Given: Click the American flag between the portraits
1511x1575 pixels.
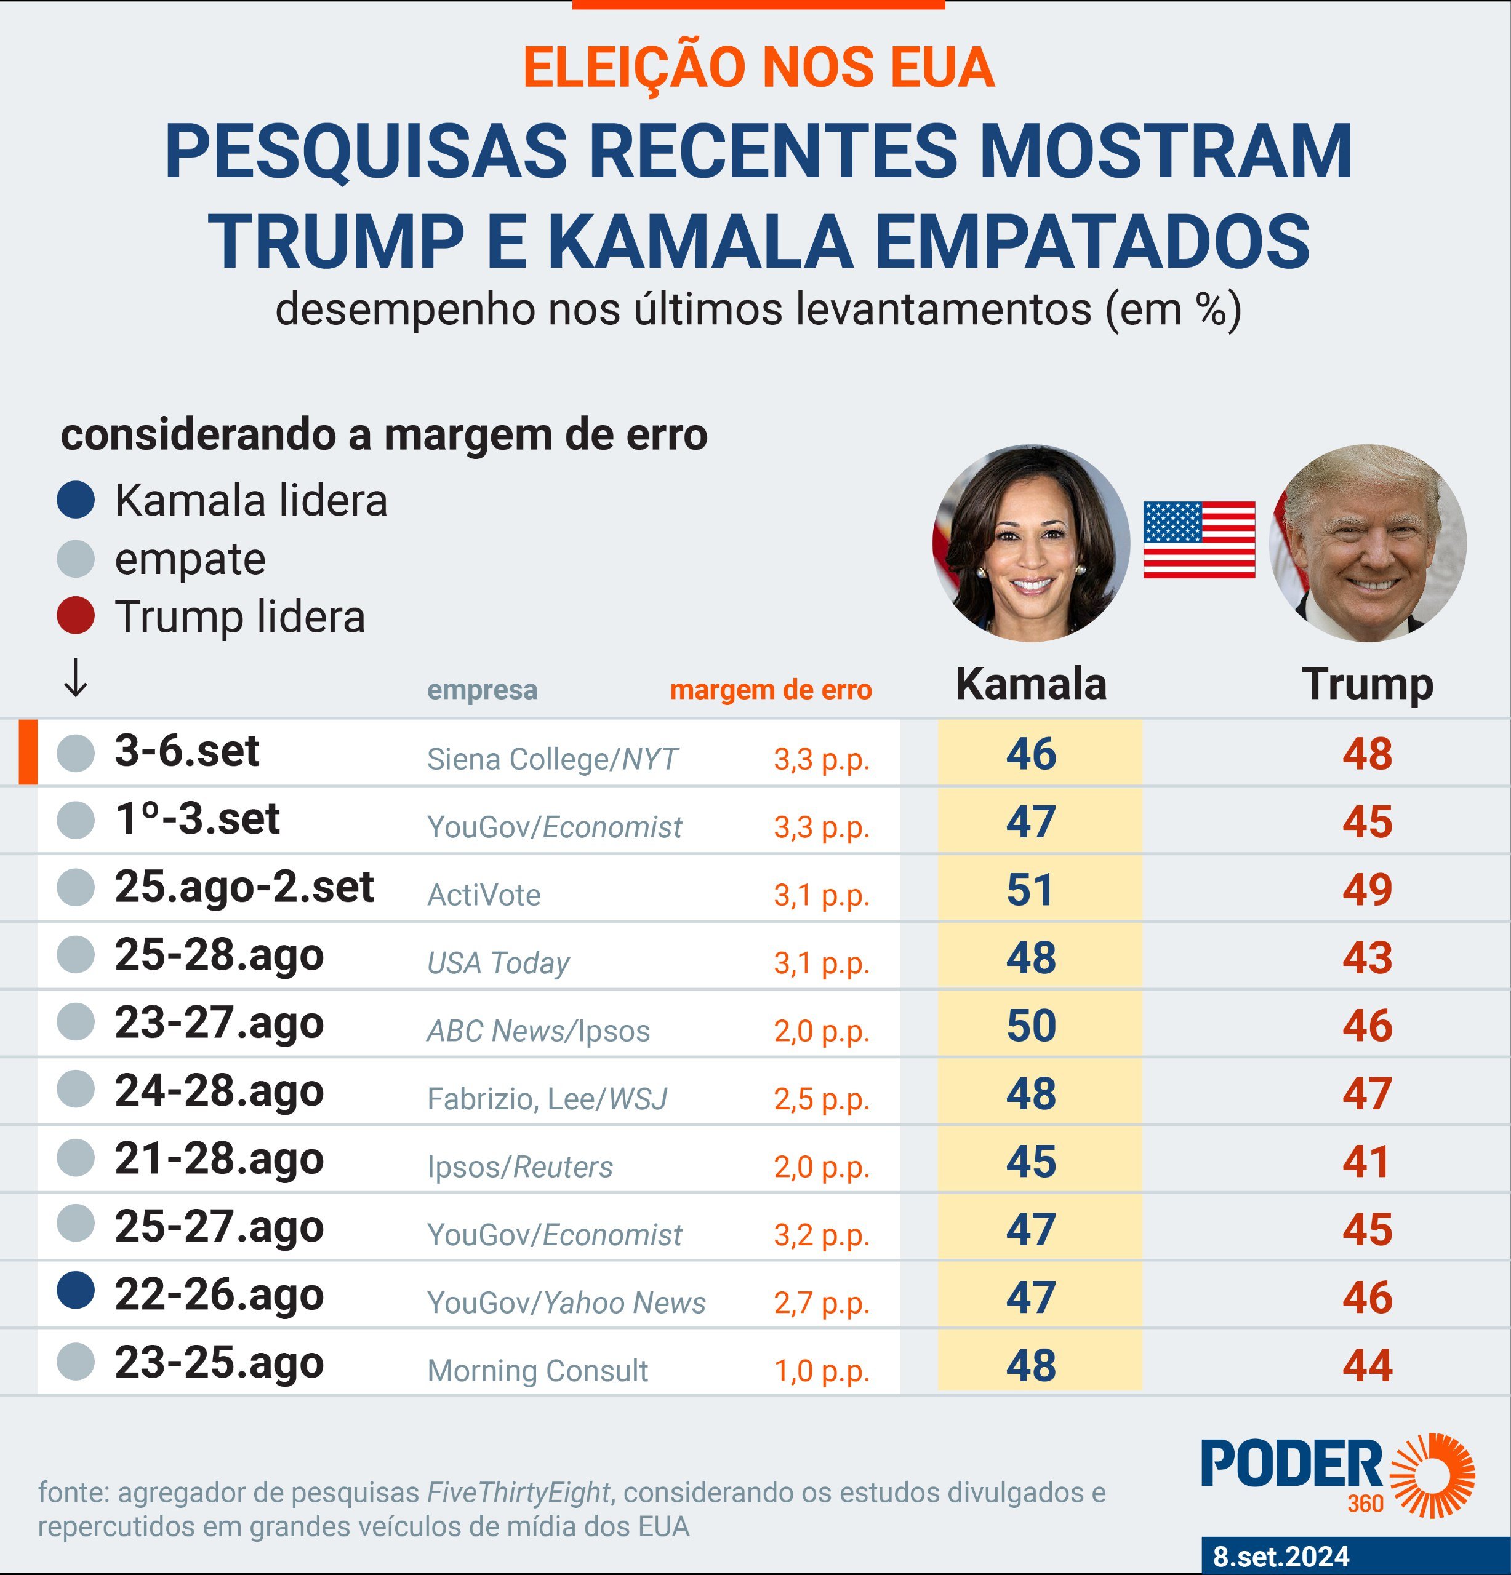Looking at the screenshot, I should click(1198, 540).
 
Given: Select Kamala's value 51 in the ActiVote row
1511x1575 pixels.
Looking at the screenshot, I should click(1030, 890).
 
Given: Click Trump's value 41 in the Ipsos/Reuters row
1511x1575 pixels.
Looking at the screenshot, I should click(1366, 1161).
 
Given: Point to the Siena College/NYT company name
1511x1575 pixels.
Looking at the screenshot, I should click(552, 759).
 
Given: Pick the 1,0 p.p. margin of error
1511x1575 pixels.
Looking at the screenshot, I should click(822, 1370).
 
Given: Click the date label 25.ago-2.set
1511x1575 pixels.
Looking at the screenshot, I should click(244, 887).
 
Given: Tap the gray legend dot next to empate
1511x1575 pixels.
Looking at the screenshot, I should click(76, 559).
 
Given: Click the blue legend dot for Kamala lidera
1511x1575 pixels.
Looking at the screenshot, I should click(76, 500).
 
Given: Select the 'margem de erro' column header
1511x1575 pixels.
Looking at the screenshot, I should click(770, 690).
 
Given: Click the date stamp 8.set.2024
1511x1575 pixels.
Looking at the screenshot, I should click(1280, 1556).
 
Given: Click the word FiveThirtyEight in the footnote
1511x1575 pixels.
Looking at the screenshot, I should click(518, 1492).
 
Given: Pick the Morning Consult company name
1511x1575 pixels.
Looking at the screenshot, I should click(537, 1370).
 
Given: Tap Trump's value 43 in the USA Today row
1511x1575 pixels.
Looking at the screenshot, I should click(1366, 957).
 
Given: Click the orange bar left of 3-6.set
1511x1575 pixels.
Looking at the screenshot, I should click(28, 751).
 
